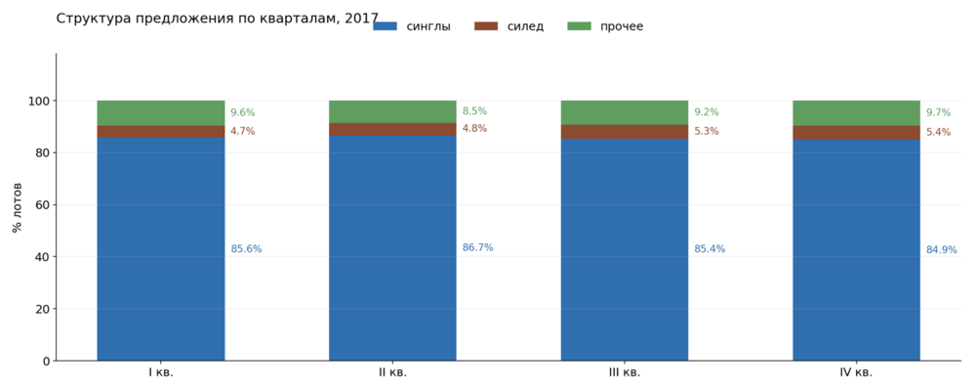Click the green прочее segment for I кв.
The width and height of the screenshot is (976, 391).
[x=161, y=112]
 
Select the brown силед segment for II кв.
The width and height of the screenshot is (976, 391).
[x=392, y=129]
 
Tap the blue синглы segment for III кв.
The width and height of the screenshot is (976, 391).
[x=625, y=249]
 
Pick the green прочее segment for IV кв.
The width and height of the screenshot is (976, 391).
[x=856, y=112]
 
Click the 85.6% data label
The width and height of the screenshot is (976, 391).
[x=247, y=249]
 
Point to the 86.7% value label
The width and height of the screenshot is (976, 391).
[x=477, y=247]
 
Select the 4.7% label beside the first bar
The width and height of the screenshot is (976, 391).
[x=243, y=131]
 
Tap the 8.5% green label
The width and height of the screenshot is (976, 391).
[x=474, y=111]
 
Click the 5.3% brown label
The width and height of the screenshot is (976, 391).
[x=707, y=131]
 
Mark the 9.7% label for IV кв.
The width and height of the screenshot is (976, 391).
[x=939, y=112]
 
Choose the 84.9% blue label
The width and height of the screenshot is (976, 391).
[x=942, y=249]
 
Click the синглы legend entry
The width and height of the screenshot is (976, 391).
[x=412, y=26]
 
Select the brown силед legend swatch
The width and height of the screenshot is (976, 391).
[x=486, y=26]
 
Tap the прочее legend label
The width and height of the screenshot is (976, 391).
[x=622, y=26]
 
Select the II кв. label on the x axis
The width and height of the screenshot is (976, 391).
[x=392, y=372]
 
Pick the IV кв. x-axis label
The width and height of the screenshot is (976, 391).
[x=856, y=372]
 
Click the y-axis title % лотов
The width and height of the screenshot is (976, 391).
[x=18, y=207]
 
